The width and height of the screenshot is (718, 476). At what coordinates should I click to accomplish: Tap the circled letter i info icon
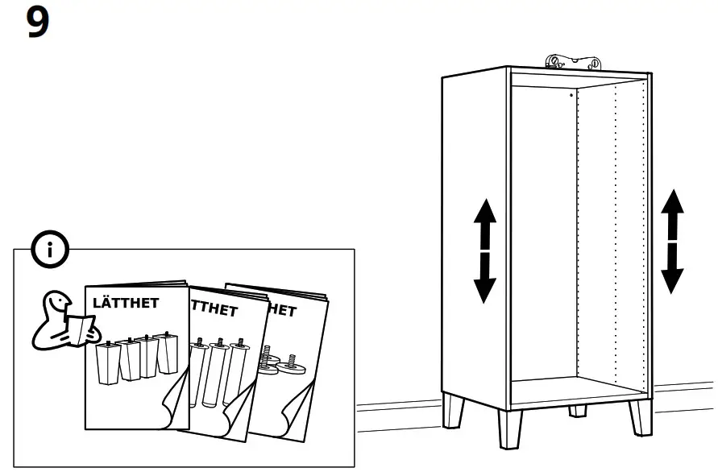50,250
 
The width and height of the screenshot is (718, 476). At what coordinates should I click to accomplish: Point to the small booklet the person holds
79,329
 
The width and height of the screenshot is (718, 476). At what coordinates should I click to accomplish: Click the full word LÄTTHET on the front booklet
126,304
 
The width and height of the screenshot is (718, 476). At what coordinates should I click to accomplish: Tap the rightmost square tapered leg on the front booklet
167,354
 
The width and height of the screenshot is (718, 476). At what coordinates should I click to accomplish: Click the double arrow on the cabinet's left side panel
484,250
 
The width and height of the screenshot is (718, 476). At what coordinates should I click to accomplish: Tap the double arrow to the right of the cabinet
672,241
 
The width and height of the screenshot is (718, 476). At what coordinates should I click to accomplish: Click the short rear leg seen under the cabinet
577,412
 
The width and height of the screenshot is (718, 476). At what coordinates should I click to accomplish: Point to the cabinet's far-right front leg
641,418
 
